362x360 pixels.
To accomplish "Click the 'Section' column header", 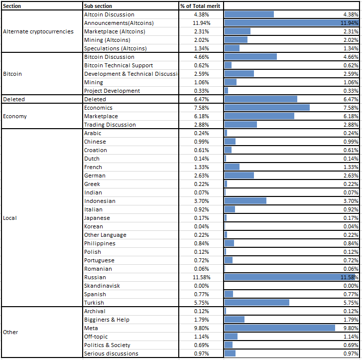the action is click(x=12, y=6).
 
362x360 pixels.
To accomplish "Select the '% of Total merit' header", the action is click(x=200, y=6).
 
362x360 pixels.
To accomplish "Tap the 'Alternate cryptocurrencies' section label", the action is click(x=38, y=31).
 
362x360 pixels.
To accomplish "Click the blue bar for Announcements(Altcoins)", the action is click(x=291, y=22).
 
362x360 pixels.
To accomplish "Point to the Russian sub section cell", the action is click(x=95, y=277).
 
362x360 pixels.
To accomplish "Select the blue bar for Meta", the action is click(x=279, y=328).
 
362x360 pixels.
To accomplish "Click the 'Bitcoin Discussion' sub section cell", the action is click(x=109, y=57).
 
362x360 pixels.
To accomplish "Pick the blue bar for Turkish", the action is click(x=257, y=303).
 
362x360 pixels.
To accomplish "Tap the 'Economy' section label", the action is click(x=15, y=116).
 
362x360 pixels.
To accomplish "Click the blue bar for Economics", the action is click(x=267, y=108).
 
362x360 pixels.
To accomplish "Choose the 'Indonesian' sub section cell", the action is click(x=100, y=201).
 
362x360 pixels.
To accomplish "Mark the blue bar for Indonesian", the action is click(x=245, y=201).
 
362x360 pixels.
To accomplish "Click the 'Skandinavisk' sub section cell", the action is click(x=102, y=286).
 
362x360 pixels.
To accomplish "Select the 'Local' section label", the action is click(x=9, y=218).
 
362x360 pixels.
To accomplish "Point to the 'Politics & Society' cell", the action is click(x=107, y=345).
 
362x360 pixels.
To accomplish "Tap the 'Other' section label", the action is click(x=10, y=332).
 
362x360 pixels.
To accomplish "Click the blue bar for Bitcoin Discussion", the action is click(x=250, y=57).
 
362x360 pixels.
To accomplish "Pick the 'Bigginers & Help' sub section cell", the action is click(x=107, y=320).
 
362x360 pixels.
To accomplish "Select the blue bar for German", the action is click(x=239, y=175).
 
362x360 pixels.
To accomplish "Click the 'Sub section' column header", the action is click(x=98, y=6).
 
